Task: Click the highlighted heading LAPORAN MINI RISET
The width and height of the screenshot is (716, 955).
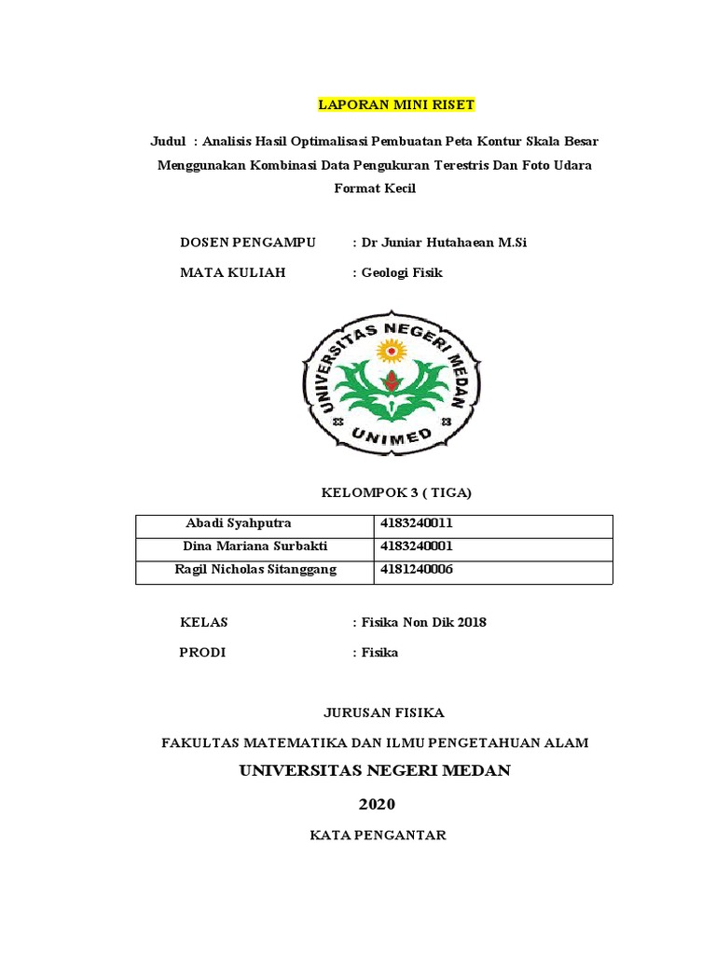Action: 396,104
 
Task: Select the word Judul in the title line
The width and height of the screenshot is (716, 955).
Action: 169,142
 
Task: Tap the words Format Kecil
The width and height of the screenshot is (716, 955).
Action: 375,188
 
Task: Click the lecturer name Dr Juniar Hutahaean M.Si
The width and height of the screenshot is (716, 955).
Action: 440,242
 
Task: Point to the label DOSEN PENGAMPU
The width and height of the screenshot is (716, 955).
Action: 247,242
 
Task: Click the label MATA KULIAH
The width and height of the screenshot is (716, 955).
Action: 232,273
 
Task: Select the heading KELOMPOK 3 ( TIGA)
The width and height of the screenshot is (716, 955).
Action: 397,492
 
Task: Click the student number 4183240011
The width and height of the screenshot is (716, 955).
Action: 416,524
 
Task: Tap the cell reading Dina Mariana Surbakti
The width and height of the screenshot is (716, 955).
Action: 256,547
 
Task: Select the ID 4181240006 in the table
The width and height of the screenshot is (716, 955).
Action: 416,570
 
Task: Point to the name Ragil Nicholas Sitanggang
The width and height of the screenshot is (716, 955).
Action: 255,570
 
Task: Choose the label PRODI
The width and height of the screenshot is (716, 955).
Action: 202,653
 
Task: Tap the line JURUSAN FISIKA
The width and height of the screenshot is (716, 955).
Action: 384,713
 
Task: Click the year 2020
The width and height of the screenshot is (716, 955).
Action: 377,805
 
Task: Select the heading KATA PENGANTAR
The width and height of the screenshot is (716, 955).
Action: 378,836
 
